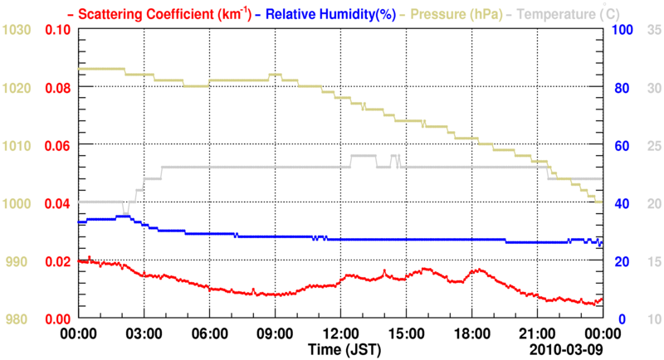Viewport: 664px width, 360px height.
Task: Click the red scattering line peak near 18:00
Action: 478,270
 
